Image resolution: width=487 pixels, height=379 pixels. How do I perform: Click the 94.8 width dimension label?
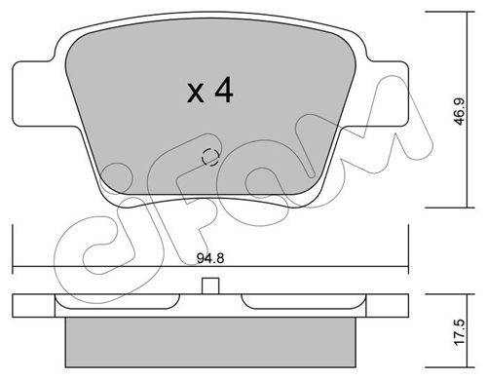(x=210, y=258)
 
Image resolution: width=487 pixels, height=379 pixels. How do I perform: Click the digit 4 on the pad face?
(x=224, y=90)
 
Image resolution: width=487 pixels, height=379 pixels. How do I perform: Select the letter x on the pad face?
(x=196, y=94)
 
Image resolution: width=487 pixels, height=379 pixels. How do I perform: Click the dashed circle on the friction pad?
(x=210, y=157)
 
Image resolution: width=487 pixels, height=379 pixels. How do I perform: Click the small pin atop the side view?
(x=210, y=285)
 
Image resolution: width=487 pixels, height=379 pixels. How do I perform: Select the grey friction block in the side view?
(x=210, y=342)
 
